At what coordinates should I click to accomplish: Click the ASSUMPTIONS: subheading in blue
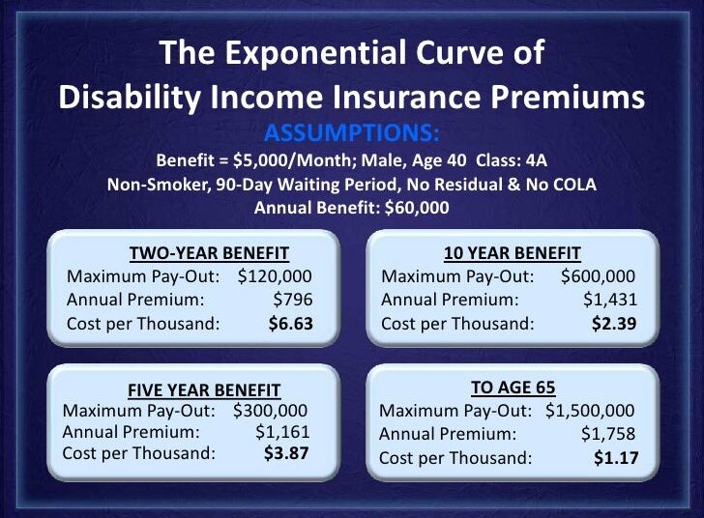[x=351, y=132]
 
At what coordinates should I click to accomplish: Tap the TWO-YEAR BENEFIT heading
[x=209, y=254]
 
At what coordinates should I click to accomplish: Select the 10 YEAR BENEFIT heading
[x=512, y=254]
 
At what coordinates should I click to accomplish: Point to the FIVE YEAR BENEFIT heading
[x=204, y=390]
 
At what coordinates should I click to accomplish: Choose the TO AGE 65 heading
[x=513, y=388]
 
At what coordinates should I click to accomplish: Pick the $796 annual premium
[x=293, y=300]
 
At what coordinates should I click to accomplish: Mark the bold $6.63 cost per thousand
[x=290, y=323]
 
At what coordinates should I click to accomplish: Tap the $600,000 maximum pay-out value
[x=598, y=276]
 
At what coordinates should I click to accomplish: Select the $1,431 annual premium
[x=611, y=300]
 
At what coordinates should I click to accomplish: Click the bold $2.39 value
[x=614, y=323]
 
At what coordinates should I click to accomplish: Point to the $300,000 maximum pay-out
[x=270, y=411]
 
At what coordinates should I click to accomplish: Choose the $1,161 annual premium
[x=282, y=432]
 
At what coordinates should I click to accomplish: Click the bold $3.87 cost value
[x=287, y=452]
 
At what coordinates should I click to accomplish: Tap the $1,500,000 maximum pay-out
[x=590, y=411]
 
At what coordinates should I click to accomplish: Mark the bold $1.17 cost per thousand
[x=615, y=457]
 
